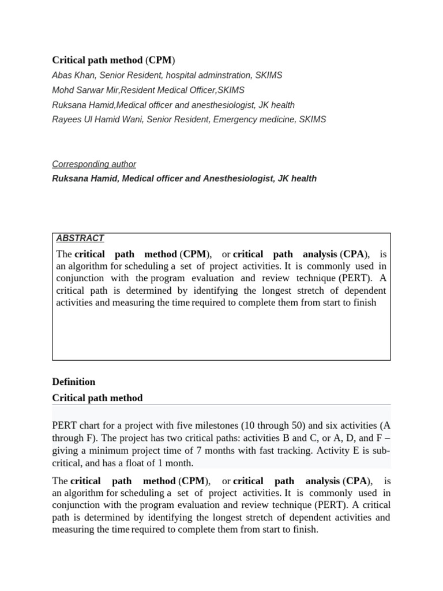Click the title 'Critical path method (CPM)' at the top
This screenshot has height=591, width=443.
tap(114, 60)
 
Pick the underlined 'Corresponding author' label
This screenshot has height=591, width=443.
tap(94, 164)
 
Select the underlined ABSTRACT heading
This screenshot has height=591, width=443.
tap(80, 238)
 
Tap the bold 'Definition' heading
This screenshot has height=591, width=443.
tap(74, 381)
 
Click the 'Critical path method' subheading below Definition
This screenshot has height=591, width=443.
tap(97, 398)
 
